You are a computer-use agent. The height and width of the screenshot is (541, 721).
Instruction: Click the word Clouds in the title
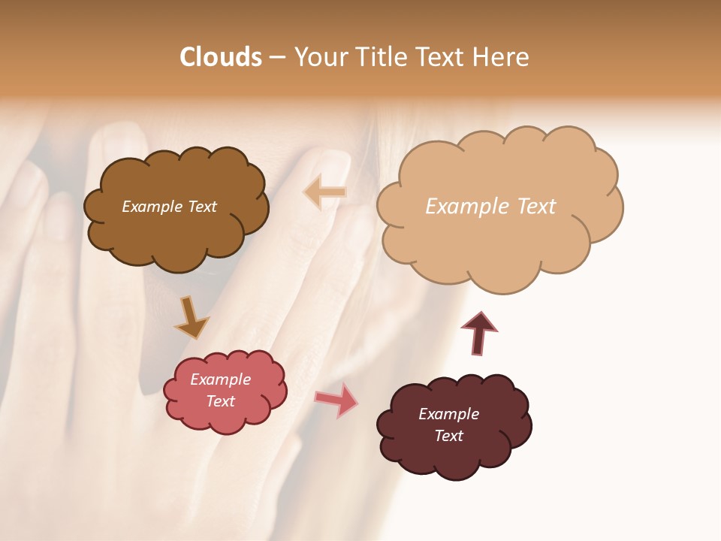point(221,57)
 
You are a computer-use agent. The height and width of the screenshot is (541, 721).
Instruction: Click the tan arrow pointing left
point(324,192)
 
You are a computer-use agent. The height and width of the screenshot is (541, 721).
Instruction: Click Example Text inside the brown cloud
point(169,207)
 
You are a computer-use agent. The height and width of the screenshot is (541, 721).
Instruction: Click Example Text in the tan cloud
point(490,206)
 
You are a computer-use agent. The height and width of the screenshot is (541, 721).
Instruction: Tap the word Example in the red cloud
point(220,379)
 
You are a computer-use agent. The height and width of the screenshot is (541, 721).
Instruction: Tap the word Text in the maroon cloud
point(448,436)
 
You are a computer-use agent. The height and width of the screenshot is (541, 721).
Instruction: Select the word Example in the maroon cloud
point(448,414)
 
